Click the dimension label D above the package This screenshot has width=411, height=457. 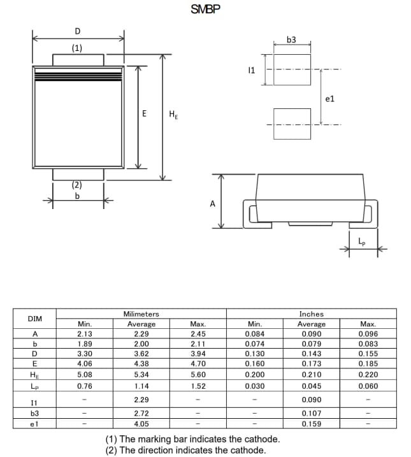point(78,31)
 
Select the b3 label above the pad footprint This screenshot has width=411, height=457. point(291,40)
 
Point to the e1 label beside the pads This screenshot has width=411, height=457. point(329,99)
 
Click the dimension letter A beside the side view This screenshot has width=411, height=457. point(212,204)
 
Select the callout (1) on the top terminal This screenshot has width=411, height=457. point(76,48)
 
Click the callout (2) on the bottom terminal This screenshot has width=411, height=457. point(76,185)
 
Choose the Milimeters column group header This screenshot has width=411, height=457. point(141,314)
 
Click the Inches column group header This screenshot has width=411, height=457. point(311,314)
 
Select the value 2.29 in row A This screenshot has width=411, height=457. point(141,333)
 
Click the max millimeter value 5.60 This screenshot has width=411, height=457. point(198,375)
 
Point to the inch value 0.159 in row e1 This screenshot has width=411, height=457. point(311,423)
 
